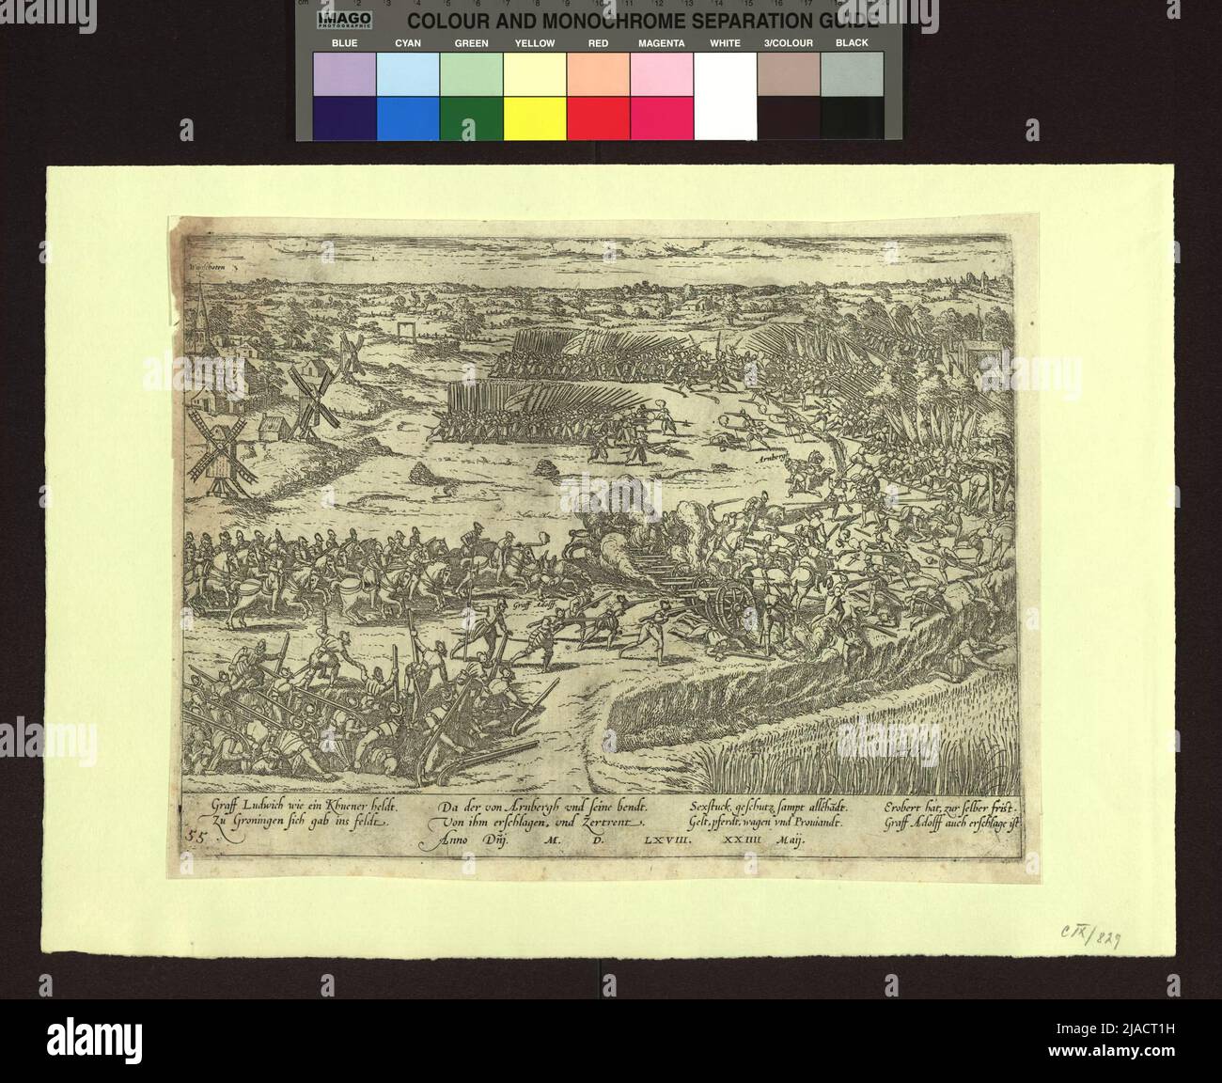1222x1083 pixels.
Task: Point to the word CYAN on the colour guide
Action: (x=408, y=43)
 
